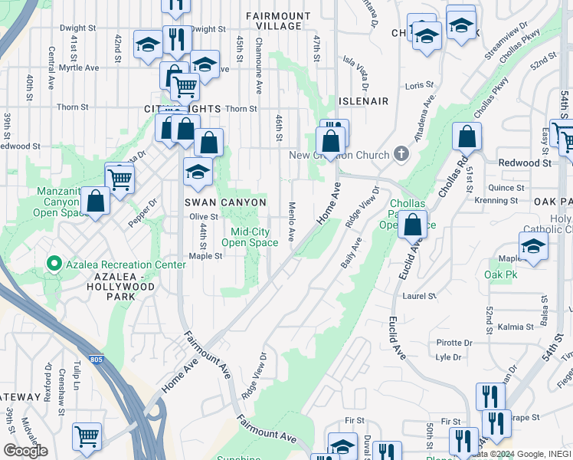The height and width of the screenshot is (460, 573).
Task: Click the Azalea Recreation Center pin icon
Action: [x=54, y=264]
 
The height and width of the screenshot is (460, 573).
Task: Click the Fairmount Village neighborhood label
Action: [x=278, y=21]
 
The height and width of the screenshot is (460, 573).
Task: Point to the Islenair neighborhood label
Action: [x=364, y=101]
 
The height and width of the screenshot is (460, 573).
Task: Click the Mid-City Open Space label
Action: [x=250, y=237]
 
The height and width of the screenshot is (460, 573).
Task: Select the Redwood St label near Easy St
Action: [x=525, y=163]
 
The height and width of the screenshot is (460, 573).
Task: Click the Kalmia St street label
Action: [x=516, y=327]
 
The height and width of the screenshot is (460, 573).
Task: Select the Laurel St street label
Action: [x=419, y=295]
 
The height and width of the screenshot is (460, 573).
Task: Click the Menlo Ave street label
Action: [x=292, y=221]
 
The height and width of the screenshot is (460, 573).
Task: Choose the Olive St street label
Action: [x=205, y=217]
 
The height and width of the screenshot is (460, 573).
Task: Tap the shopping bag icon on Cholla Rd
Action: [x=467, y=137]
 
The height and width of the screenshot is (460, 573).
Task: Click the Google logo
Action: [x=25, y=451]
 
